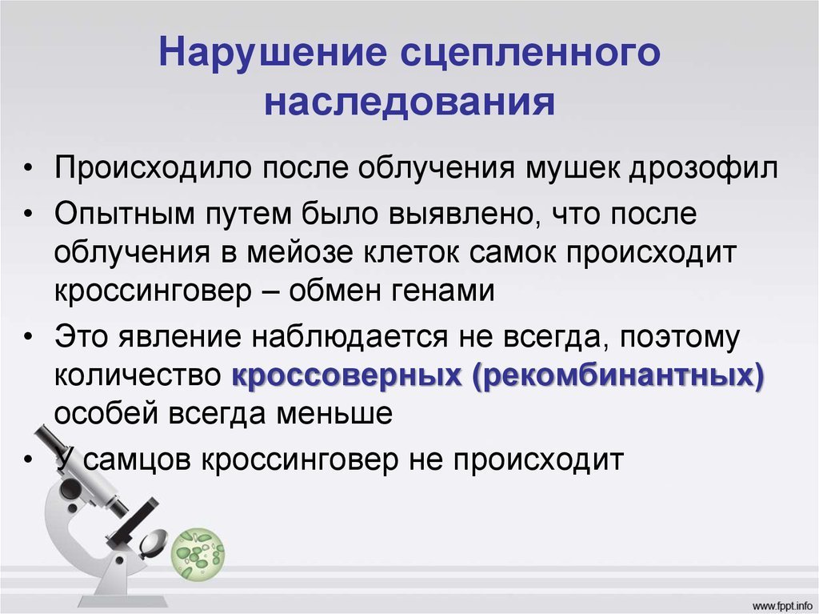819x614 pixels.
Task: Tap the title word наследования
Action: pyautogui.click(x=409, y=101)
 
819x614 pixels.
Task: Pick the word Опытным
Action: pyautogui.click(x=124, y=214)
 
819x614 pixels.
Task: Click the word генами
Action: pyautogui.click(x=443, y=291)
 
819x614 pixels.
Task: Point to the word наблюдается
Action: pyautogui.click(x=350, y=337)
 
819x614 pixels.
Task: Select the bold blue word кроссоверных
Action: pyautogui.click(x=347, y=375)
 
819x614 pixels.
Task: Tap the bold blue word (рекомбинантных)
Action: pyautogui.click(x=618, y=375)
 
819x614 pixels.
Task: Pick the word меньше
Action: pyautogui.click(x=334, y=414)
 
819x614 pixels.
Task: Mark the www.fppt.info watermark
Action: pyautogui.click(x=781, y=605)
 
